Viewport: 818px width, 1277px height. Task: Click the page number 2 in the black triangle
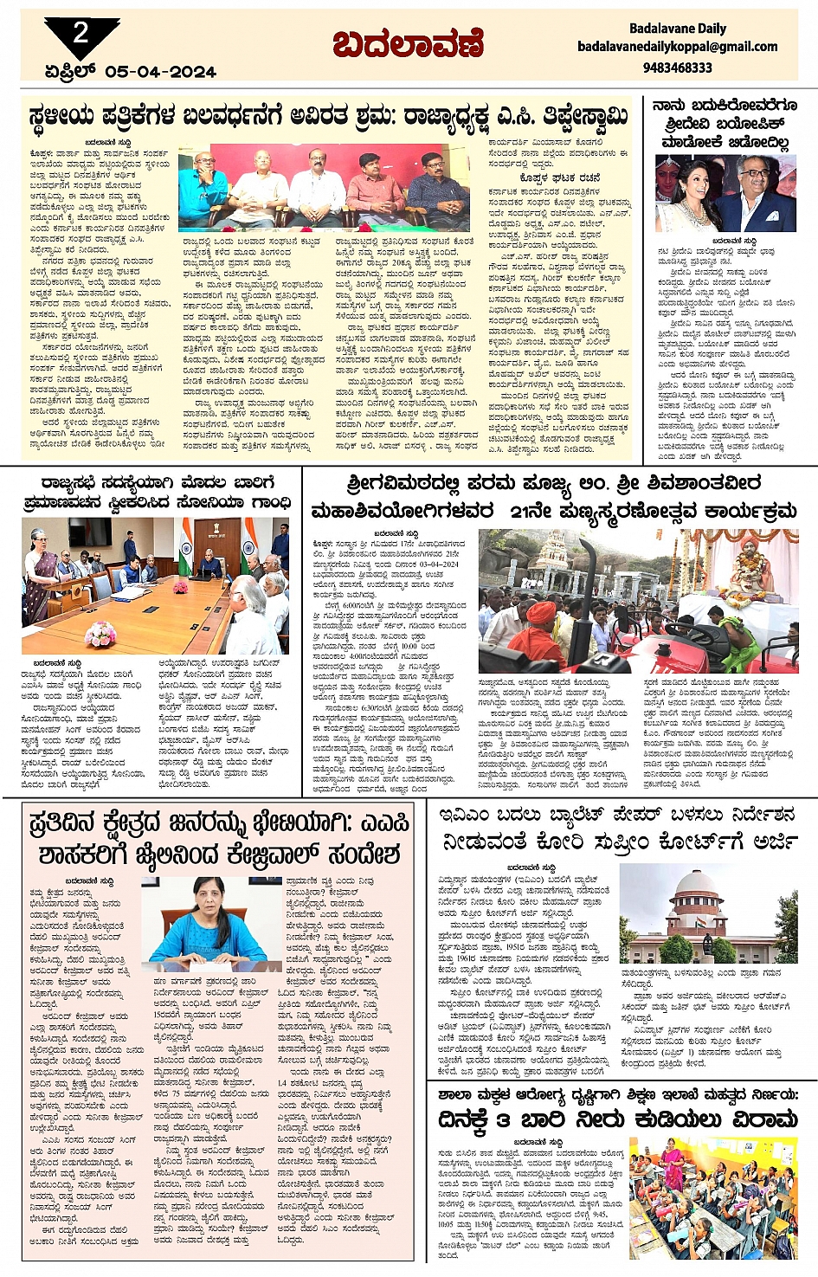click(x=81, y=34)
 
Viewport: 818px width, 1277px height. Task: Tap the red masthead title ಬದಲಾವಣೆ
click(x=408, y=44)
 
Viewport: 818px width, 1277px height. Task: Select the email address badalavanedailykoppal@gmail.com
click(x=677, y=47)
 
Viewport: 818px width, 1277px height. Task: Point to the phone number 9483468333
click(x=677, y=68)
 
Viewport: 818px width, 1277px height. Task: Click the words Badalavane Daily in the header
click(x=677, y=29)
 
